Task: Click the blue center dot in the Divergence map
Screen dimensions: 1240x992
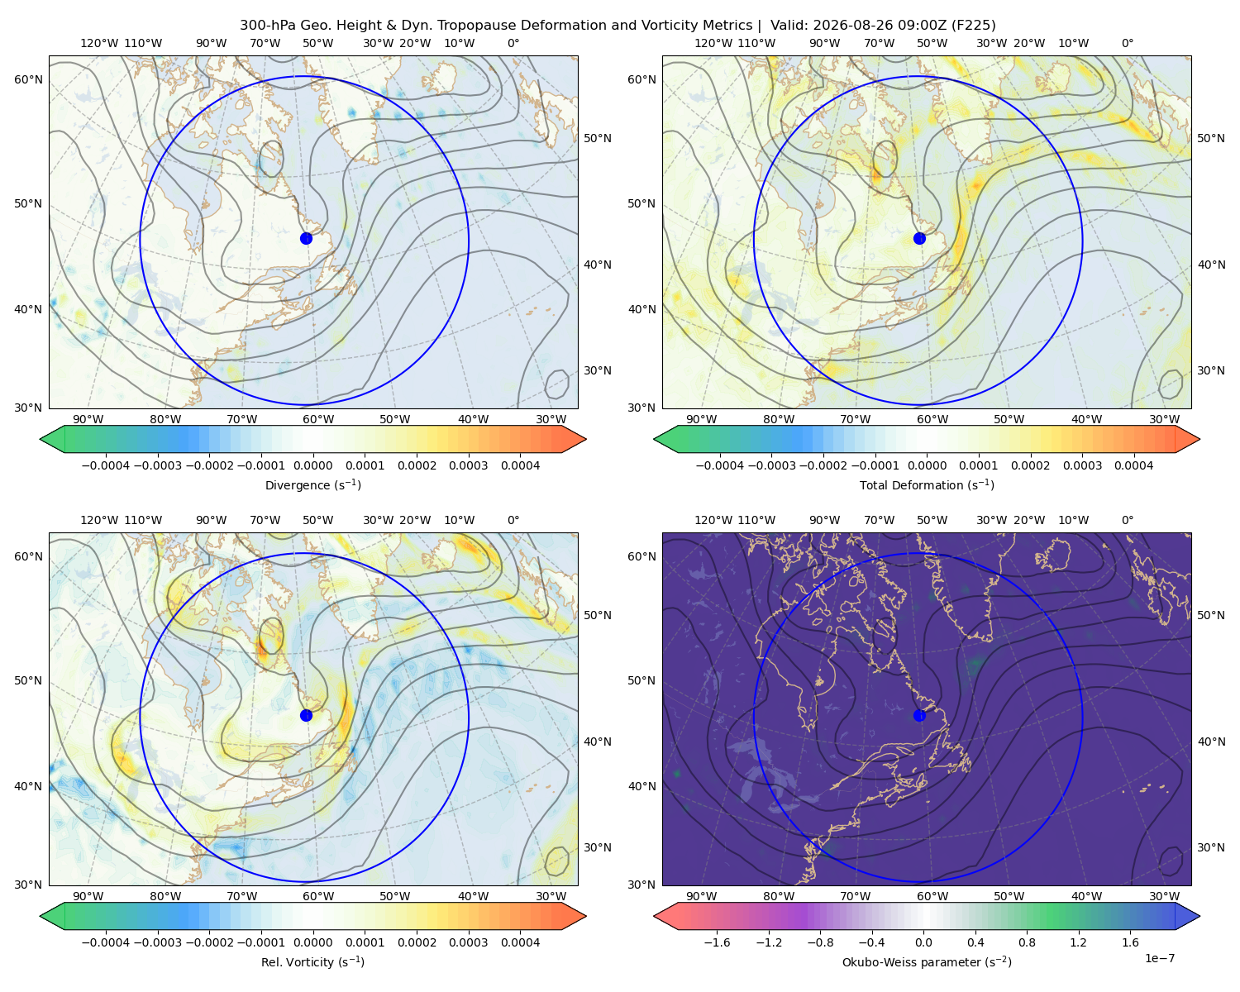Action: point(306,238)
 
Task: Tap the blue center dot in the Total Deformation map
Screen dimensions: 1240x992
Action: point(919,238)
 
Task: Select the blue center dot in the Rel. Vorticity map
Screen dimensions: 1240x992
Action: point(306,715)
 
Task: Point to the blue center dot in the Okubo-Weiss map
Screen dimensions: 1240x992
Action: point(919,715)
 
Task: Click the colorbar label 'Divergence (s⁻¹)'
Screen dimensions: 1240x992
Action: point(312,484)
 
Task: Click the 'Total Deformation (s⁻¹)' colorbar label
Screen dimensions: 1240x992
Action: point(927,484)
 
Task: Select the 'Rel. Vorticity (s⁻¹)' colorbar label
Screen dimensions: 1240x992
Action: point(312,961)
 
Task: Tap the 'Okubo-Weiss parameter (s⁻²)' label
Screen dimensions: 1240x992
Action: point(927,961)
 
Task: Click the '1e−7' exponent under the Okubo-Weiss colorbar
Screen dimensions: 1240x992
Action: point(1159,958)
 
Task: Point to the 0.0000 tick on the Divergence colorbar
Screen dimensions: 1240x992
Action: point(312,465)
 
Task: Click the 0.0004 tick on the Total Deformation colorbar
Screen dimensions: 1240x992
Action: point(1133,465)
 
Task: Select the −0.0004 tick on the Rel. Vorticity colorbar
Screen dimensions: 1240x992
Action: point(106,942)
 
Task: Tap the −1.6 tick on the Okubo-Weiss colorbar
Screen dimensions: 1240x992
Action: point(717,942)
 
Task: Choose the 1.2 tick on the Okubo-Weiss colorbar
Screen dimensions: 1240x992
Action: point(1078,942)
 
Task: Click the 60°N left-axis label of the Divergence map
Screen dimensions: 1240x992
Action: point(28,79)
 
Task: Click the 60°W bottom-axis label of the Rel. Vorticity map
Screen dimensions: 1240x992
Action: point(318,896)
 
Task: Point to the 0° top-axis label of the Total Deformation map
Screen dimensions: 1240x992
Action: point(1127,43)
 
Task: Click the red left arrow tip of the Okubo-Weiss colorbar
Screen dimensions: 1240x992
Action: point(656,916)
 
